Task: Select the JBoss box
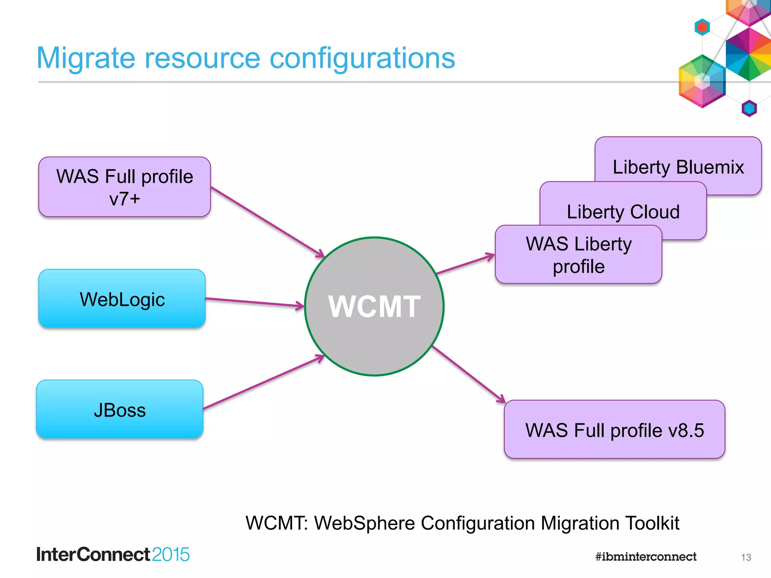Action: coord(120,409)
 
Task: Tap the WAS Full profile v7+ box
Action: coord(124,187)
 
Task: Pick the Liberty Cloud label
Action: coord(623,211)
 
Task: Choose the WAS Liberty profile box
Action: coord(578,255)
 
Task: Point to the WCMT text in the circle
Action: coord(374,306)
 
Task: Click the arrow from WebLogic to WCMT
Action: coord(254,302)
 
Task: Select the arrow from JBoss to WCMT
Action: coord(264,382)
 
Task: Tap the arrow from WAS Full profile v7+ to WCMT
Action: coord(267,222)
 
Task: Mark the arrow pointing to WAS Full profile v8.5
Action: coord(469,374)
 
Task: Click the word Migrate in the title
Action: coord(86,58)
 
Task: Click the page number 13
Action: coord(746,557)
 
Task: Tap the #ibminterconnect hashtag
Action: coord(646,557)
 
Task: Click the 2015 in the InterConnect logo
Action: coord(171,554)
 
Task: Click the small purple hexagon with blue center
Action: coord(749,109)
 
